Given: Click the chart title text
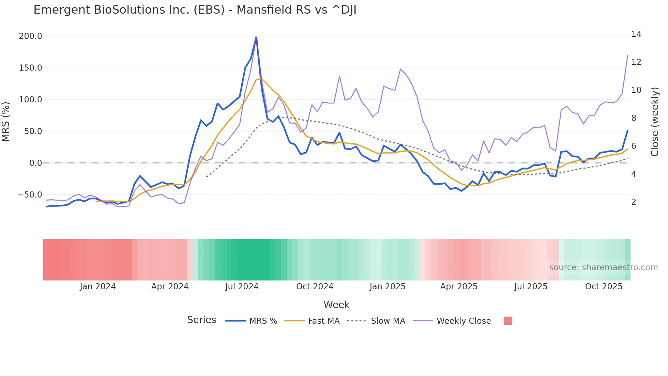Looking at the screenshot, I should point(195,10).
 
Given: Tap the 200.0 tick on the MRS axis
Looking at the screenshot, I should point(31,36).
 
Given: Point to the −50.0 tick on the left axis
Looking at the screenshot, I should point(30,195).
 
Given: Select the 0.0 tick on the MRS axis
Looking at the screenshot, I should point(35,163).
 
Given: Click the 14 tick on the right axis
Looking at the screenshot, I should point(636,34).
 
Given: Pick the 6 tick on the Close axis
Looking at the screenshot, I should point(634,146).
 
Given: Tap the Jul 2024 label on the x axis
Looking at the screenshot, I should point(242,287).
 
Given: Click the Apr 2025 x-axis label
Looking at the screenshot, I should point(459,287).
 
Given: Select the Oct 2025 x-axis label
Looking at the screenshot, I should point(604,287).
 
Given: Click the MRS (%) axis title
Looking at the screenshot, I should point(6,122).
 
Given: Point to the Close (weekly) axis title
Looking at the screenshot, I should point(655,122).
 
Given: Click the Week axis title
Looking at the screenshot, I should point(336,305).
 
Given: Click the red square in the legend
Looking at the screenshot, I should point(508,321).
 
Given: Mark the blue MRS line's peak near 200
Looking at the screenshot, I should point(256,37).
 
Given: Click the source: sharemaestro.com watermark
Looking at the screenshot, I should point(603,267).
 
